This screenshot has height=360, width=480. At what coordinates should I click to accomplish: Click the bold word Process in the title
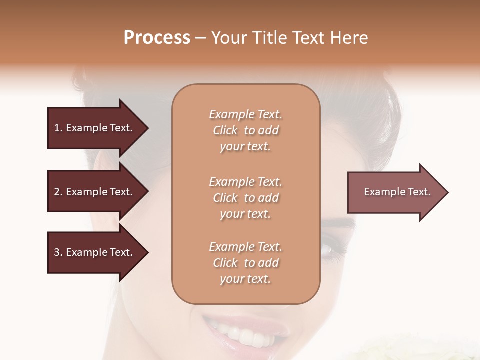(x=157, y=38)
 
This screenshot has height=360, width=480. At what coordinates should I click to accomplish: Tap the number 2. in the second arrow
(x=58, y=192)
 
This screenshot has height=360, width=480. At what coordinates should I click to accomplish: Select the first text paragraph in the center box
(x=245, y=130)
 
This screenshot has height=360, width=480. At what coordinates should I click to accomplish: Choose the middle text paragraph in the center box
(x=245, y=198)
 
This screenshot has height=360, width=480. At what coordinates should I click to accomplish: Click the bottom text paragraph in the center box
(x=245, y=263)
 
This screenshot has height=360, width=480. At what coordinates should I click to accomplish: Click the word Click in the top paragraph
(x=225, y=130)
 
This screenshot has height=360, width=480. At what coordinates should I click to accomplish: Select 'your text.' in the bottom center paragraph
(x=245, y=279)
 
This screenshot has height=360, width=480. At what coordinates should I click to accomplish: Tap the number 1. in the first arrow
(x=58, y=128)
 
